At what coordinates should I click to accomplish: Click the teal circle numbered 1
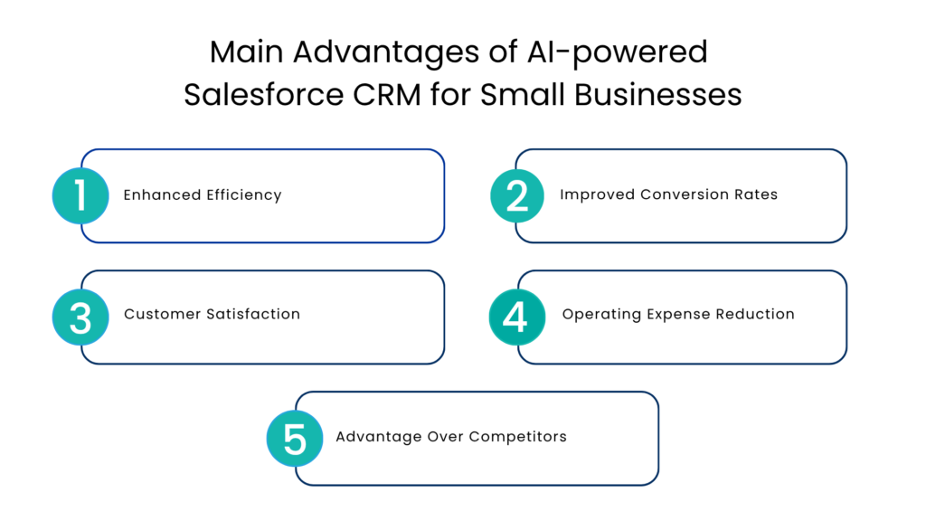pyautogui.click(x=80, y=195)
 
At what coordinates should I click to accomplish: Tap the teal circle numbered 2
pyautogui.click(x=517, y=195)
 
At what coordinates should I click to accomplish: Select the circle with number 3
pyautogui.click(x=80, y=317)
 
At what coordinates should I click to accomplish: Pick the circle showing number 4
pyautogui.click(x=517, y=317)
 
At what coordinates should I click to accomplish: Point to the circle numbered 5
pyautogui.click(x=295, y=439)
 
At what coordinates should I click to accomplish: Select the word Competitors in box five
pyautogui.click(x=522, y=437)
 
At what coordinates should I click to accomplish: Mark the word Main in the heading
pyautogui.click(x=247, y=52)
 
